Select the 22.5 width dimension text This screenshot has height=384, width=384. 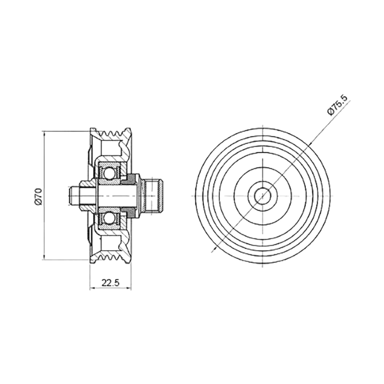coord(110,283)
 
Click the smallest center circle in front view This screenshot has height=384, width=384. coord(262,196)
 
